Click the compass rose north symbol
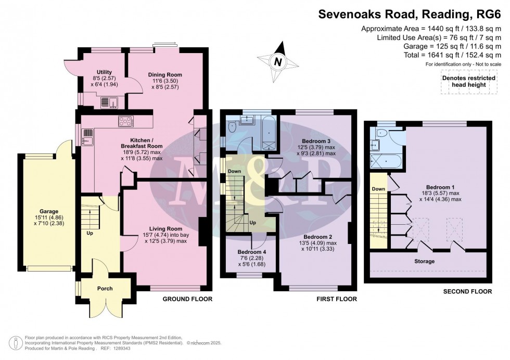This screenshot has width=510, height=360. click(278, 62)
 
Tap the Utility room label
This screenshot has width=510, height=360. click(105, 72)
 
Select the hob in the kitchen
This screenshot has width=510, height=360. click(126, 122)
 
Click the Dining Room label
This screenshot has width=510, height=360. click(165, 75)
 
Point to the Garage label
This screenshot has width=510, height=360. click(49, 211)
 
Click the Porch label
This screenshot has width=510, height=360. click(105, 288)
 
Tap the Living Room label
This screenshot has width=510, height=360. click(165, 228)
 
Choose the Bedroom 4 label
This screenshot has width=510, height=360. click(252, 252)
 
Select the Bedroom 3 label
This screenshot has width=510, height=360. click(316, 141)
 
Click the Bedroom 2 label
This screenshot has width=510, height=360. click(317, 237)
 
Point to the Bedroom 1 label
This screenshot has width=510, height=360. click(440, 187)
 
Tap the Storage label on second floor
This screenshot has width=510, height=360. click(425, 261)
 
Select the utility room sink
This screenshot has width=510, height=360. click(109, 102)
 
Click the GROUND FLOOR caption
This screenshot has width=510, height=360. click(187, 299)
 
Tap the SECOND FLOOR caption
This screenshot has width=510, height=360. click(467, 291)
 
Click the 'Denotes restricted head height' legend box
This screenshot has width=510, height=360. click(469, 82)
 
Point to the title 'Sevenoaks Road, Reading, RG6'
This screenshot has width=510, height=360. click(410, 15)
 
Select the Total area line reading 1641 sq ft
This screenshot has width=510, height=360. click(452, 55)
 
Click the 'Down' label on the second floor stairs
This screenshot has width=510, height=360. click(379, 189)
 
